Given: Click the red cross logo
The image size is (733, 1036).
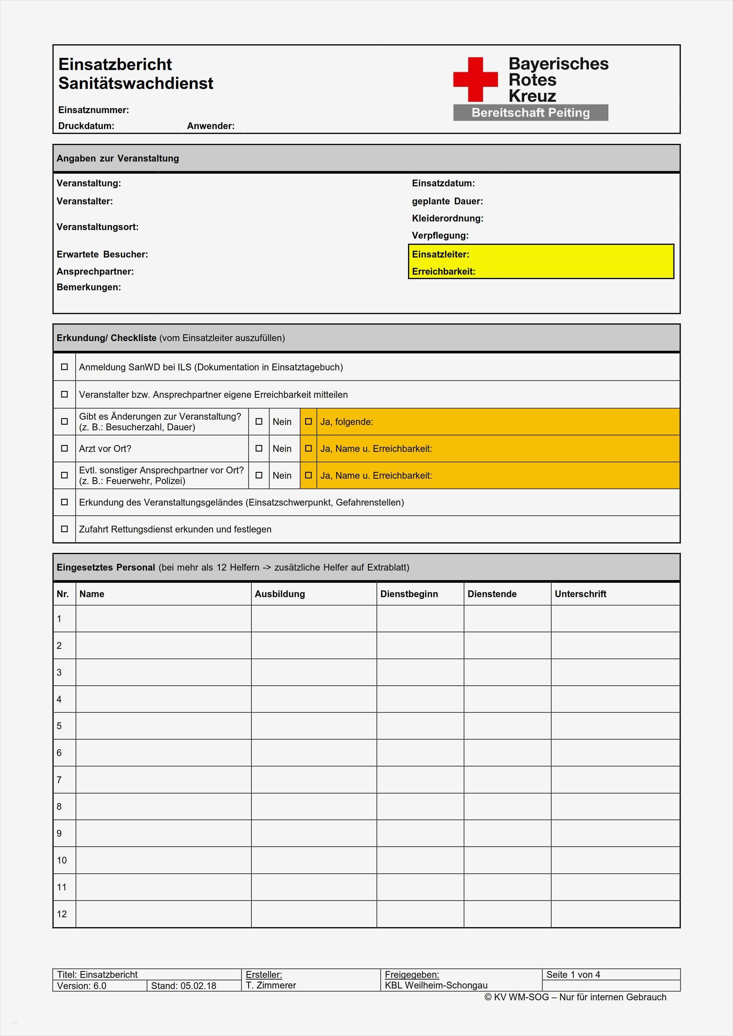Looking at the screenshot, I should point(475,79).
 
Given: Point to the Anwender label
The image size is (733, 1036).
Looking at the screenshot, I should point(211,126).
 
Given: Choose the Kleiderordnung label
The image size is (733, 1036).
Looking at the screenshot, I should point(447,218).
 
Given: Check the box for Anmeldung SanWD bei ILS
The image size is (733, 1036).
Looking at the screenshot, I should point(64,367).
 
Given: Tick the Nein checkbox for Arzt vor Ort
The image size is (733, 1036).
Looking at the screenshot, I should point(259,449).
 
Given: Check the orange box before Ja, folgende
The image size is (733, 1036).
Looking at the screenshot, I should point(308,421).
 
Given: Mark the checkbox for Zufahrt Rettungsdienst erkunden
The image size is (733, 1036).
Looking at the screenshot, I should point(64,529).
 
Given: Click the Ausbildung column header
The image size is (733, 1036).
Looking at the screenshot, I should point(280,594).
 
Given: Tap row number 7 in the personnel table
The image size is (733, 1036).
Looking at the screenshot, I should point(59,780).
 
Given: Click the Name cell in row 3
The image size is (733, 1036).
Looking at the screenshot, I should point(163,672).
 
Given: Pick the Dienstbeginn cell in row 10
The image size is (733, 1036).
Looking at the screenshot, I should point(420,860).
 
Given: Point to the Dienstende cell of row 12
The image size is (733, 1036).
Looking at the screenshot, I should point(507,914).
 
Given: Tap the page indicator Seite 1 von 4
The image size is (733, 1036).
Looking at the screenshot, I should point(573,975).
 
